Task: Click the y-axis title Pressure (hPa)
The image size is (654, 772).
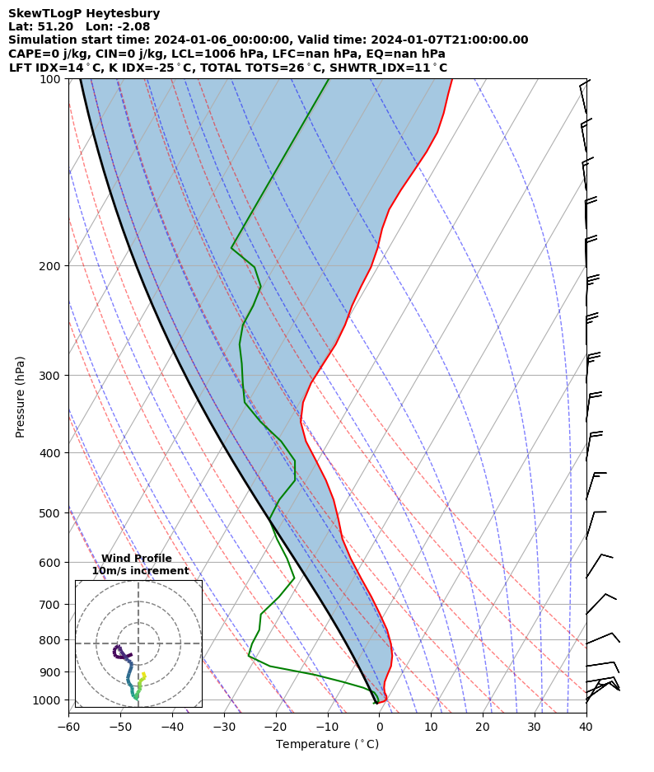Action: coord(21,396)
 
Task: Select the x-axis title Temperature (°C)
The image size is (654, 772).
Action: coord(327,745)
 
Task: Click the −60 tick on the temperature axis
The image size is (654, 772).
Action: coord(68,727)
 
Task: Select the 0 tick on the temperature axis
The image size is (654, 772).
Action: coord(379,727)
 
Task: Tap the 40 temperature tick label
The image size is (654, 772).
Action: coord(586,727)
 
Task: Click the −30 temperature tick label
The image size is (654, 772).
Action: coord(224,727)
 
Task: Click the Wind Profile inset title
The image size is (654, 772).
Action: coord(137,559)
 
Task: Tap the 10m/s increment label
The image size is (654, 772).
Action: coord(140,571)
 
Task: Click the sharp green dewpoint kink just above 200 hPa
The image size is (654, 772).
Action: coord(232,247)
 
